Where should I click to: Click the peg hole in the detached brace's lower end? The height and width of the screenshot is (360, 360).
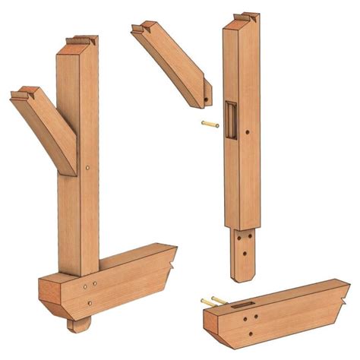coord(206,99)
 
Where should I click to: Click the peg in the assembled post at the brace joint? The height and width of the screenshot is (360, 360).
coord(89,168)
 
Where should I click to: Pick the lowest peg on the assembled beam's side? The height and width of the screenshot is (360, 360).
coord(89,303)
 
